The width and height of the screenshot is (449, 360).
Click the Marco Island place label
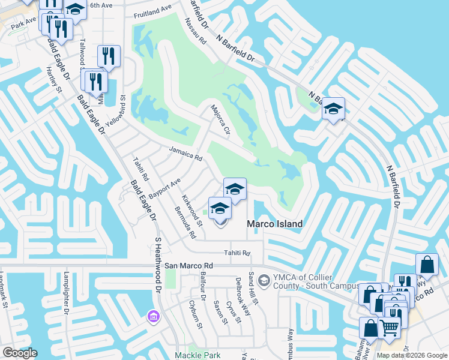point(275,224)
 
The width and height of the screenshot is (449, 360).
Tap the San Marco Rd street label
point(189,265)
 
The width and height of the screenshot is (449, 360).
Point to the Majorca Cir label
point(220,120)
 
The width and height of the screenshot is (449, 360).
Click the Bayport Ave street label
point(164,188)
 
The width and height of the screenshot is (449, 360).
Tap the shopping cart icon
point(390,328)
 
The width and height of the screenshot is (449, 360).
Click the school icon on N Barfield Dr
point(333,109)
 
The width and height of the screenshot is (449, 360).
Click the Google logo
point(20,353)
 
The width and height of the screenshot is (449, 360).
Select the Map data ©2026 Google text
point(411,355)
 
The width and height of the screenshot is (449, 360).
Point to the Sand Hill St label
point(252,289)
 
